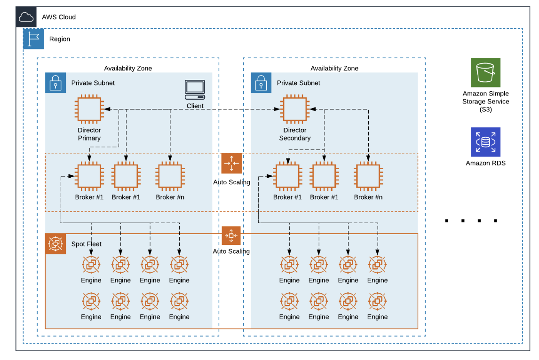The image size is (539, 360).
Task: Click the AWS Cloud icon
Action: click(26, 17)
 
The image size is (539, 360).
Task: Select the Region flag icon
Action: click(33, 39)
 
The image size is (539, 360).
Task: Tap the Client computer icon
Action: click(195, 89)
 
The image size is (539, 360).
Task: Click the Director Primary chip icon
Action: click(89, 109)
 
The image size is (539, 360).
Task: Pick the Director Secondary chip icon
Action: click(294, 109)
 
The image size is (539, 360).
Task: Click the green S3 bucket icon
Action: click(485, 72)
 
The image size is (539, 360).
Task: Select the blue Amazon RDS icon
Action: click(485, 142)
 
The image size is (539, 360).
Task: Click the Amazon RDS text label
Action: click(485, 163)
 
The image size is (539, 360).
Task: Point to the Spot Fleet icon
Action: click(55, 244)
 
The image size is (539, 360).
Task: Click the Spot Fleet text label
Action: click(87, 244)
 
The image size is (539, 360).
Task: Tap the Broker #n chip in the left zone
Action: click(170, 176)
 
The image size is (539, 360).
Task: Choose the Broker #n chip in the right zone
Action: click(368, 176)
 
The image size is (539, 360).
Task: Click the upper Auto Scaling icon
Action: click(231, 164)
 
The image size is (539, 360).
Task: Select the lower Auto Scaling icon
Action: click(231, 235)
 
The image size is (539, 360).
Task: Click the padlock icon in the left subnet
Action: click(55, 83)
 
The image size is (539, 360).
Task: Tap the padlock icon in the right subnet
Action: click(261, 83)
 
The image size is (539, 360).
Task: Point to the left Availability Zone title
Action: click(128, 68)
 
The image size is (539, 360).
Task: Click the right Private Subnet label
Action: click(298, 83)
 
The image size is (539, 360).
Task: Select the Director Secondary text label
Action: click(294, 134)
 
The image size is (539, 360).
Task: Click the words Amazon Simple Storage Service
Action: click(485, 97)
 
